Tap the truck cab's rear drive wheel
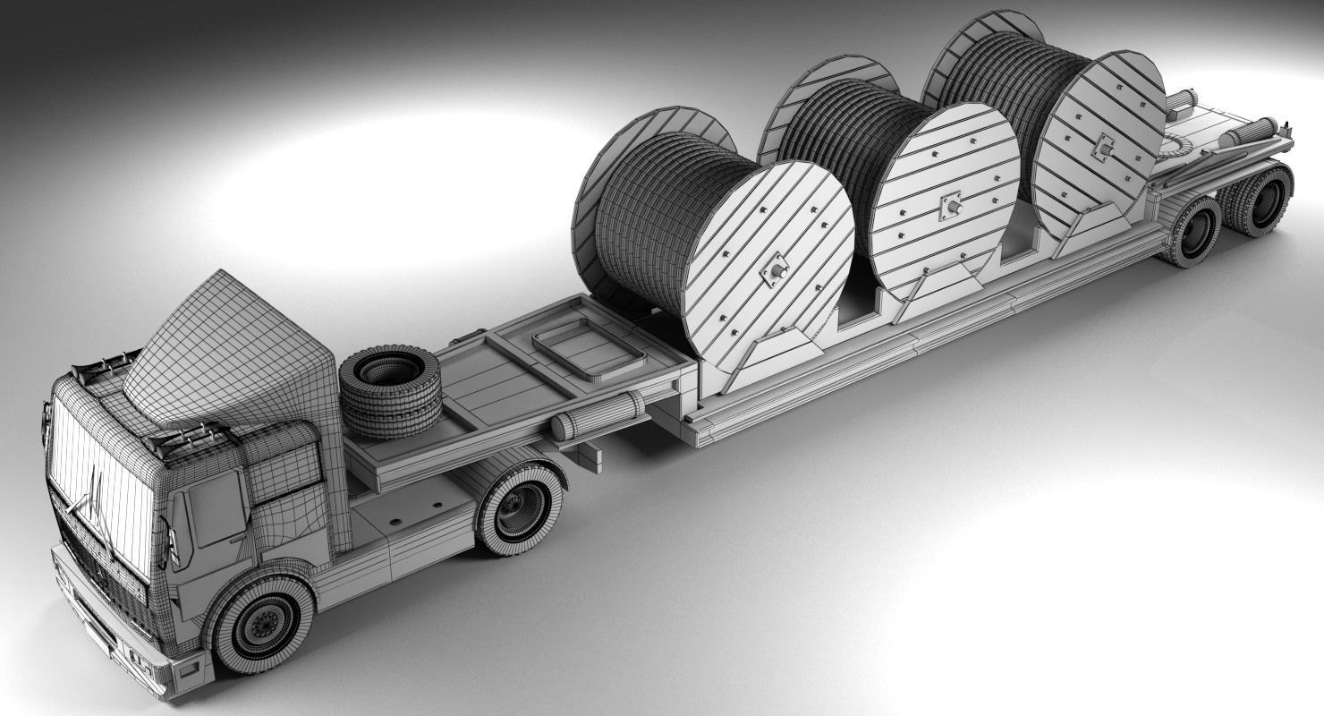(x=519, y=507)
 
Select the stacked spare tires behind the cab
(x=391, y=391)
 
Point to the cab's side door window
(x=215, y=507)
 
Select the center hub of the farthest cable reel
(x=1103, y=146)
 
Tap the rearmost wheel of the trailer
(x=1266, y=201)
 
